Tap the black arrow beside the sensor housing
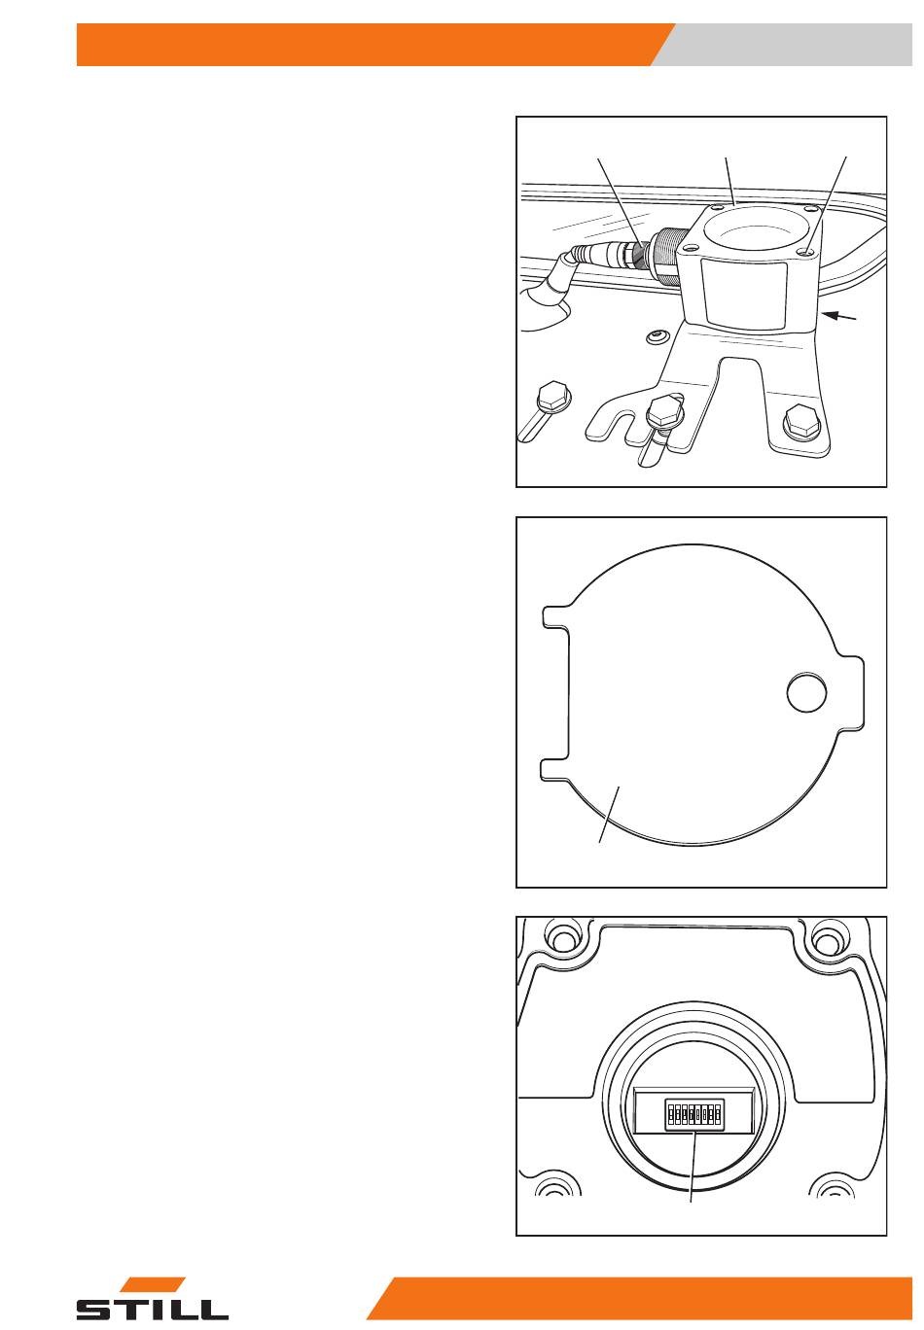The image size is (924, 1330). coord(841,316)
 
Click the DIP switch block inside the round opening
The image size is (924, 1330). coord(693,1114)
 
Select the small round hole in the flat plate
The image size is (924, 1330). coord(806,692)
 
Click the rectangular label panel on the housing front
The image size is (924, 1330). coord(744,294)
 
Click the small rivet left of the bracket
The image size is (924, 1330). coord(656,336)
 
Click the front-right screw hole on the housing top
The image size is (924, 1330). coord(805,253)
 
